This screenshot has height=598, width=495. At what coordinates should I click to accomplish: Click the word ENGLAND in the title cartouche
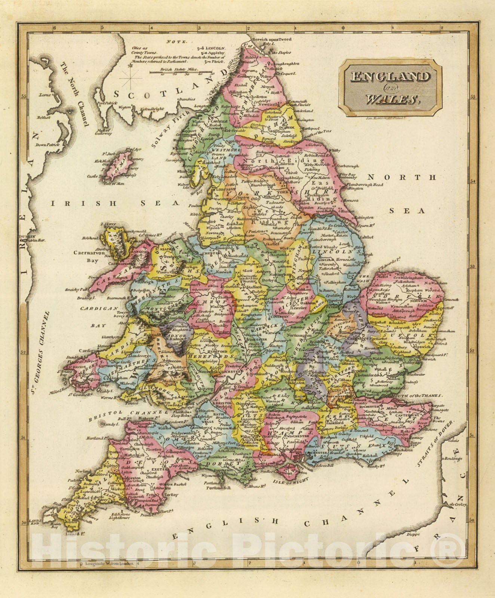click(x=390, y=77)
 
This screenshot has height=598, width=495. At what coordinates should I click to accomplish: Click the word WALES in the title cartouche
click(x=391, y=99)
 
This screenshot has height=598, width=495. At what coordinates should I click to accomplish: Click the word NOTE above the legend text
click(x=174, y=41)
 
